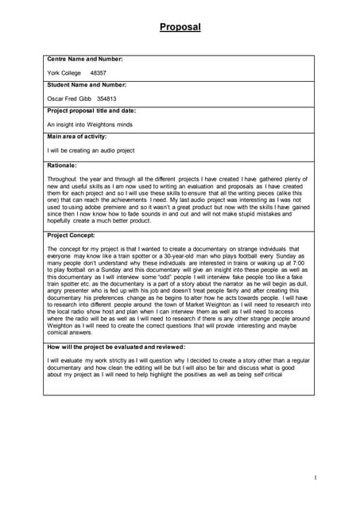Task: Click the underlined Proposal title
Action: pos(180,27)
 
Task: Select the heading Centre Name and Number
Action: pos(85,59)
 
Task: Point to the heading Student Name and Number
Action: pos(87,84)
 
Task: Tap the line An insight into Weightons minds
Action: pos(90,125)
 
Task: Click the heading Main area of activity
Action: pos(81,137)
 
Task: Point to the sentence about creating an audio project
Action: pos(91,150)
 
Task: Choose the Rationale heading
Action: pos(62,165)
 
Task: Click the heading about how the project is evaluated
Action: pos(116,347)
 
